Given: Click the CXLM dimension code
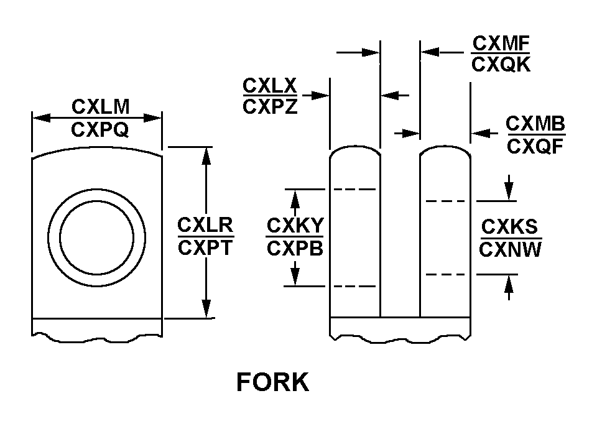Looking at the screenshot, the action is coord(101,107).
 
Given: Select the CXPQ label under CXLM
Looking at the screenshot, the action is coord(100,130).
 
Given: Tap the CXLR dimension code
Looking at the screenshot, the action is coord(206,225).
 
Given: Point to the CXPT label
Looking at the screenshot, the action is coord(205,248).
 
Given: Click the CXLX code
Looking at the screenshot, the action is coord(270,86).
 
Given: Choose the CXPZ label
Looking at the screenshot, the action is coord(270,106).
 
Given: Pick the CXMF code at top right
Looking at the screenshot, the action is coord(501,44).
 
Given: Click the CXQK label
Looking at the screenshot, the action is coord(501,65).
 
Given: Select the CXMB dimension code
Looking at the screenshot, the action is coord(535,124).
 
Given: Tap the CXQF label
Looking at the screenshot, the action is coord(535,147).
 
